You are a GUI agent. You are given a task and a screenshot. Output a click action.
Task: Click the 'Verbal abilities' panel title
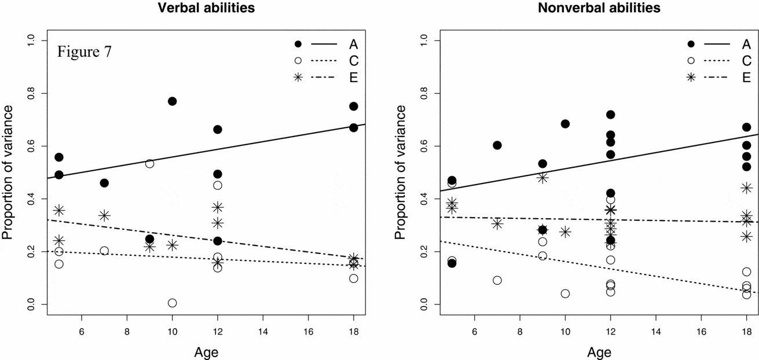pos(191,8)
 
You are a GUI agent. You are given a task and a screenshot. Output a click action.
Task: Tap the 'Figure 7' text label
pos(84,52)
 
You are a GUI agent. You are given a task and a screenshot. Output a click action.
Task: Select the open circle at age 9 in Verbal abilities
pos(149,164)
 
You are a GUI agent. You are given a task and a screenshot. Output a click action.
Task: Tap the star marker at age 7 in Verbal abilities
pos(104,215)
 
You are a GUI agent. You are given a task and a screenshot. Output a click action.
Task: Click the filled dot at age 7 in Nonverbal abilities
pos(497,145)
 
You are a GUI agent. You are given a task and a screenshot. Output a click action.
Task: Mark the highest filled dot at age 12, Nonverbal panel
pos(610,115)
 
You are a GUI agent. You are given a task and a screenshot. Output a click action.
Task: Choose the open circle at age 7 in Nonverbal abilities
pos(497,280)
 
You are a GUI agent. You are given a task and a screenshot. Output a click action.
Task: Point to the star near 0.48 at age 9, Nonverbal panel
pos(542,178)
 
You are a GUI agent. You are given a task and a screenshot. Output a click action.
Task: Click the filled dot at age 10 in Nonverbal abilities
pos(565,124)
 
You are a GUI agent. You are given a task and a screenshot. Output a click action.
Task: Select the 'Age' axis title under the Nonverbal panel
pos(599,351)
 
